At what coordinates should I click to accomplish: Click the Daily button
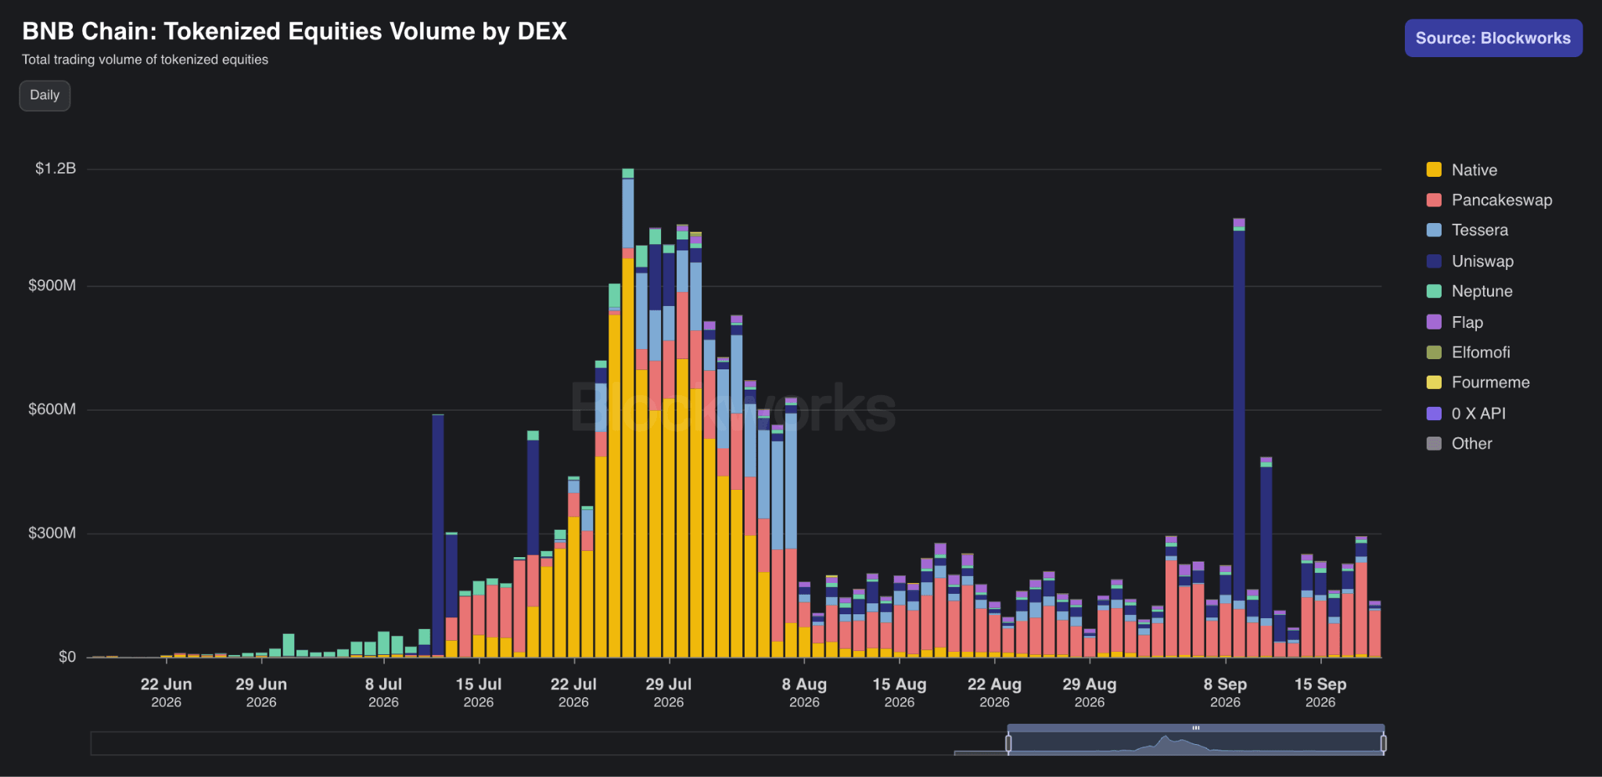tap(45, 95)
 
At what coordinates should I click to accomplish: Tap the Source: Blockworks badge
tap(1493, 38)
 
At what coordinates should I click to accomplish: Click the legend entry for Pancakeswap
tap(1489, 200)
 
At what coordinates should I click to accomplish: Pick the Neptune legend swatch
tap(1434, 291)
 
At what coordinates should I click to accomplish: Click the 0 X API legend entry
tap(1466, 413)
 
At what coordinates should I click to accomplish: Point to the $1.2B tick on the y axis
tap(56, 169)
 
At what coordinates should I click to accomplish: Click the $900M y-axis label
tap(52, 286)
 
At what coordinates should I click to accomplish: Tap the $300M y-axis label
tap(52, 534)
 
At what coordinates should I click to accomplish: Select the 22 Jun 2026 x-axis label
tap(166, 692)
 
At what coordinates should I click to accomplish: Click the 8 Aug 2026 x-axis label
tap(804, 692)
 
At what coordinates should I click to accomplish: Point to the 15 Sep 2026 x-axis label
tap(1320, 692)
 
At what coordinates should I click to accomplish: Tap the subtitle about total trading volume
tap(145, 59)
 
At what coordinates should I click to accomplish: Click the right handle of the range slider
tap(1384, 743)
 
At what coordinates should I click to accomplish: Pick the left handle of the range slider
tap(1008, 743)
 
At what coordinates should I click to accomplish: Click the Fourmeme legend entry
tap(1478, 383)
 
